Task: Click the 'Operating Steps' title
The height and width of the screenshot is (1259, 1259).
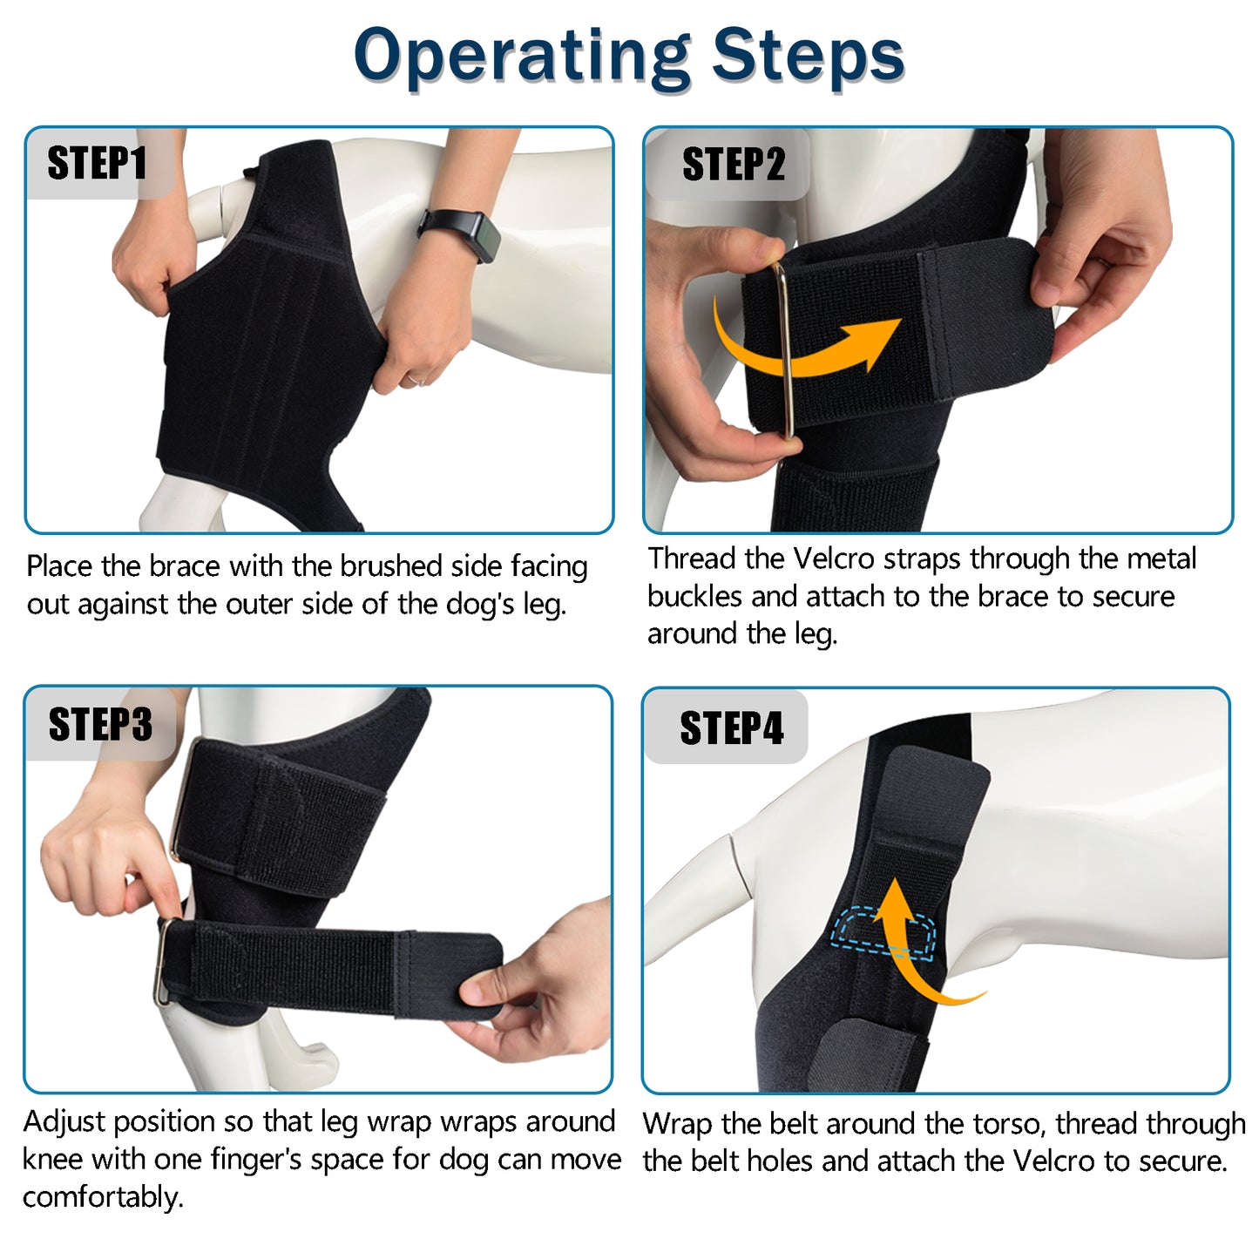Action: tap(629, 56)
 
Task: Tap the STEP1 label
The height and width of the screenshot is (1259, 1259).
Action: tap(97, 164)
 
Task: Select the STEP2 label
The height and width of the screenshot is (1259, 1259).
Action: tap(733, 164)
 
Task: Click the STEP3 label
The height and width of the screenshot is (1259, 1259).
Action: tap(100, 725)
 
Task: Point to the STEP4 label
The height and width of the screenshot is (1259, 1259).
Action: tap(731, 728)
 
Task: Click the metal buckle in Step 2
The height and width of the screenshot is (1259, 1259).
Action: tap(784, 349)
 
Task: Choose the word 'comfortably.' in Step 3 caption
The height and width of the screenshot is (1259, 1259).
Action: tap(103, 1198)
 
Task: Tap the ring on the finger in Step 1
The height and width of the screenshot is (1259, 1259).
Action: tap(416, 380)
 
